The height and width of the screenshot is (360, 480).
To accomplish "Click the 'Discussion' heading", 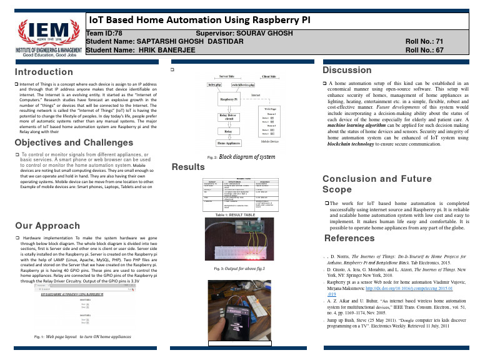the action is click(x=347, y=70).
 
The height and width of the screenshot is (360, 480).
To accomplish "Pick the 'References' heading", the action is click(x=347, y=239).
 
